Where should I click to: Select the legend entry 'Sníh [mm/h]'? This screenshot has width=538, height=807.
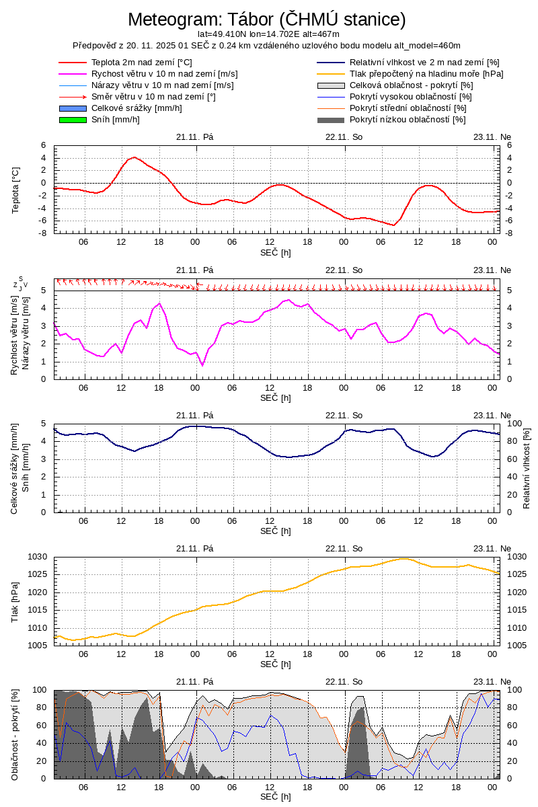point(116,120)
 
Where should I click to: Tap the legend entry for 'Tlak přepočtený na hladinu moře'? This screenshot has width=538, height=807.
point(426,74)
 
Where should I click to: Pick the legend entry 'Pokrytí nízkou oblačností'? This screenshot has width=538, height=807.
point(408,120)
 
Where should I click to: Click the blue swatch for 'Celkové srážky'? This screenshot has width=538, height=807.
point(73,108)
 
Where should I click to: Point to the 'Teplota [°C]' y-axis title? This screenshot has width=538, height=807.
point(15,189)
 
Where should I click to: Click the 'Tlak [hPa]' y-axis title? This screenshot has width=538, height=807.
point(15,601)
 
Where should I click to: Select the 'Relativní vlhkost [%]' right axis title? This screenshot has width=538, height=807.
point(527,468)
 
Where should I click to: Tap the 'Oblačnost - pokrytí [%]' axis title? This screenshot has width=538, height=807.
point(15,734)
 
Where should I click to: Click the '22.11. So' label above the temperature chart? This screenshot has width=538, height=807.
point(344,137)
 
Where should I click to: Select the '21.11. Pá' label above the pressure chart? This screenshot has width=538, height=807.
point(194,548)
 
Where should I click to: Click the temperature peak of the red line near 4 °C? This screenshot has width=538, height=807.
point(134,157)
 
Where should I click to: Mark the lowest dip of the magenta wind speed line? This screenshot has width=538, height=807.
point(202,365)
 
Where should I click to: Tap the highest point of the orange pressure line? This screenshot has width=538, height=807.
point(403,558)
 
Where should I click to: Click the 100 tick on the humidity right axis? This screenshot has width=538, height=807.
point(514,424)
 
